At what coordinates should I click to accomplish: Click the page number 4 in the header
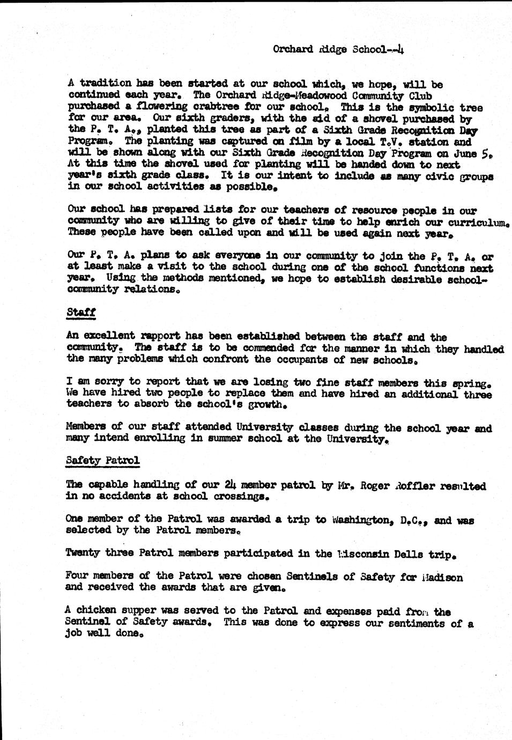pos(400,50)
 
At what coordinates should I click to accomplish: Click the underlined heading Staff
pos(80,312)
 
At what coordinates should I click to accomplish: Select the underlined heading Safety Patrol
pos(103,460)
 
